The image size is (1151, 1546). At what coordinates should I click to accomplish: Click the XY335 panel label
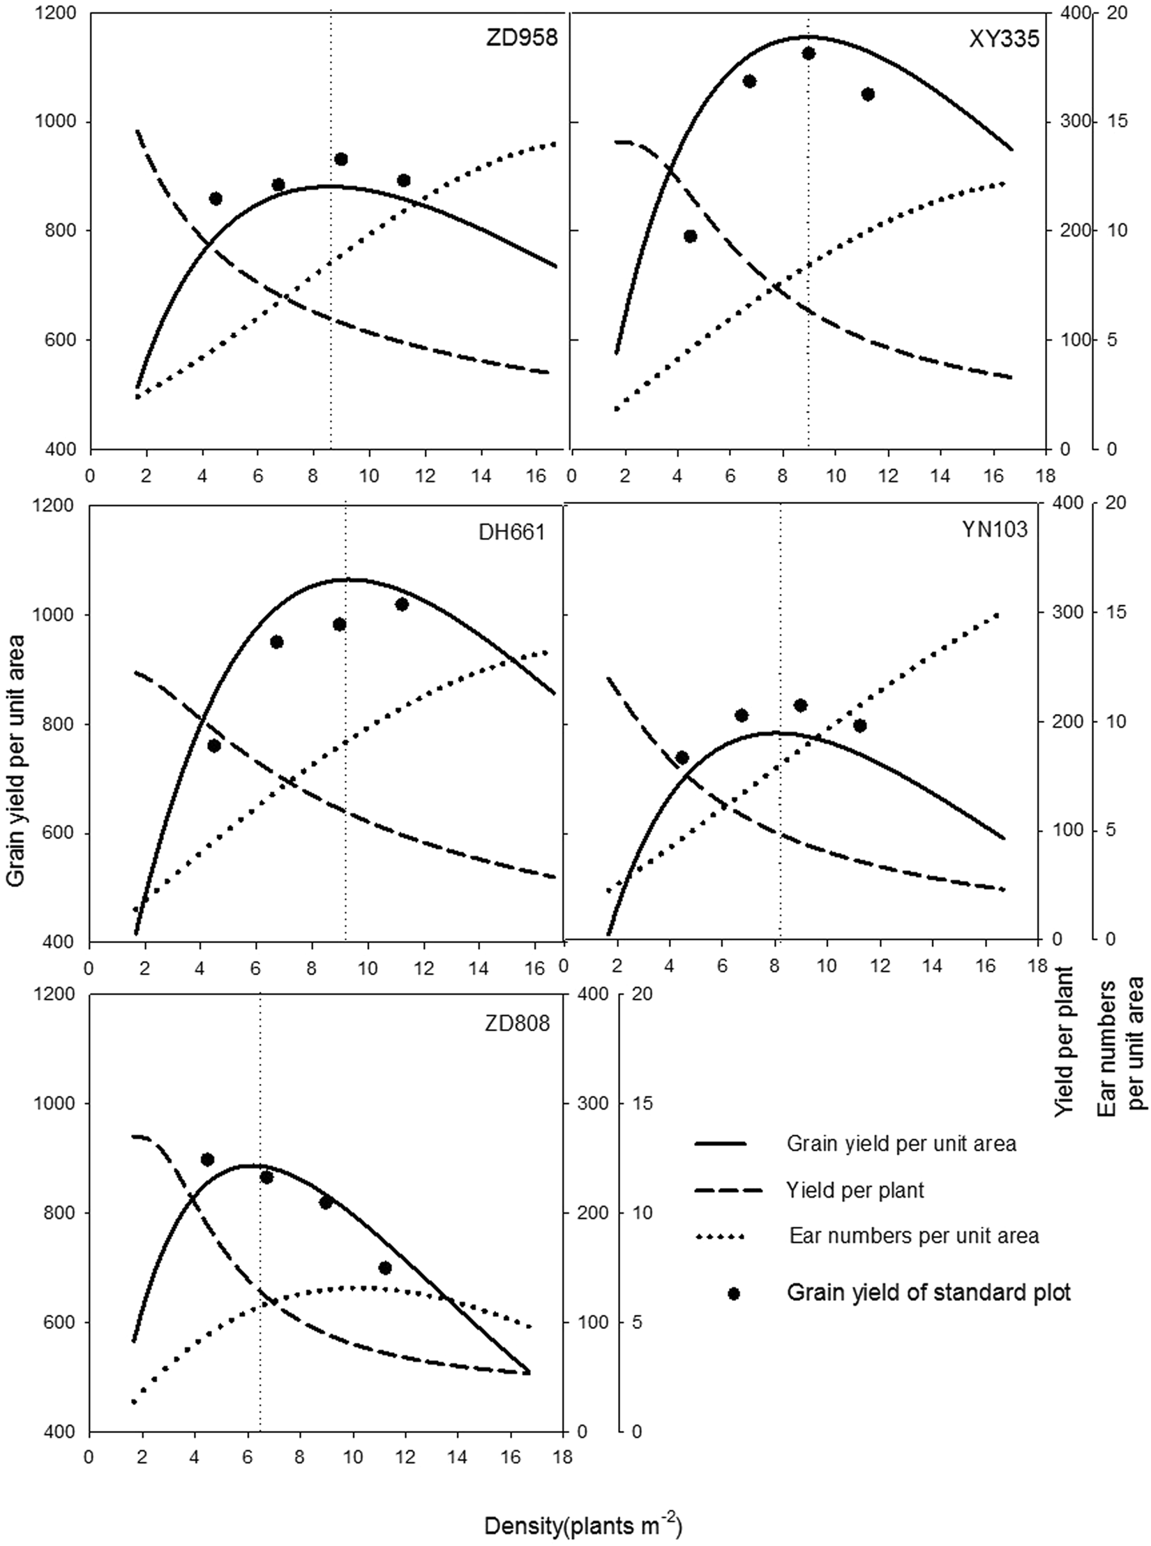point(1004,38)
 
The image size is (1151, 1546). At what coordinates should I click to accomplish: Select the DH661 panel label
point(511,533)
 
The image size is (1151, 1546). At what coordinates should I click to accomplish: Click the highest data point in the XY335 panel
point(808,54)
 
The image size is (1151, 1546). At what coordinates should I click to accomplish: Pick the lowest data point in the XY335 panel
point(691,236)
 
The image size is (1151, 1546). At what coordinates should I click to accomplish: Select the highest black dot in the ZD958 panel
point(341,159)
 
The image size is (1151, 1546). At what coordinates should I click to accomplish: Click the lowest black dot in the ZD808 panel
point(385,1268)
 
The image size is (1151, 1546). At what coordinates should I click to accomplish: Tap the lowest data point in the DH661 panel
point(214,745)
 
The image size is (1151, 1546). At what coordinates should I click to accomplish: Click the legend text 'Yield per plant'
point(855,1190)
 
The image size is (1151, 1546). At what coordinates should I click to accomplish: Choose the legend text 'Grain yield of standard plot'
point(928,1293)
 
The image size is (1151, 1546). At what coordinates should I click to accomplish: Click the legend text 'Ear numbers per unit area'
point(914,1236)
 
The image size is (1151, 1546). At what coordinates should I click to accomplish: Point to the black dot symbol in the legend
point(733,1293)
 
